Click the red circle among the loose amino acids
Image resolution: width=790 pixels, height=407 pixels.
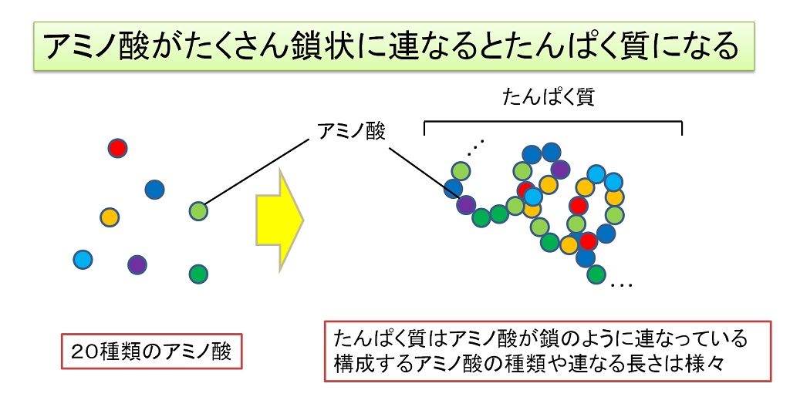click(117, 149)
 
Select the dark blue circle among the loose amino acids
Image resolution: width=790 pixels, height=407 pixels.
click(154, 190)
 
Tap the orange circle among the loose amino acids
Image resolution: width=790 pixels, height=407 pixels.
click(110, 217)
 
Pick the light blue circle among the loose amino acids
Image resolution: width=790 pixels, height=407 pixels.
click(83, 260)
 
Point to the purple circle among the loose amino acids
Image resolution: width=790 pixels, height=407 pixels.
click(137, 264)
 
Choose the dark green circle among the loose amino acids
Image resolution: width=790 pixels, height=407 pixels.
click(198, 274)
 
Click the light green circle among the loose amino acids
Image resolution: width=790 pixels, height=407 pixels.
click(198, 210)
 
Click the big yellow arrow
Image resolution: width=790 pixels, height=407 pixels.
click(279, 220)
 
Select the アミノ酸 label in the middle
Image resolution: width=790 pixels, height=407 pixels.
click(351, 132)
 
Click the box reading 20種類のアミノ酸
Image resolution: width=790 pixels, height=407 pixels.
click(152, 351)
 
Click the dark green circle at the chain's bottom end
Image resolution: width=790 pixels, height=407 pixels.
click(596, 274)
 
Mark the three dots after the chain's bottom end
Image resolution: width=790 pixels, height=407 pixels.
click(621, 286)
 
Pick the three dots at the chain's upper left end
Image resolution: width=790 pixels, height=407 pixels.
click(475, 146)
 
